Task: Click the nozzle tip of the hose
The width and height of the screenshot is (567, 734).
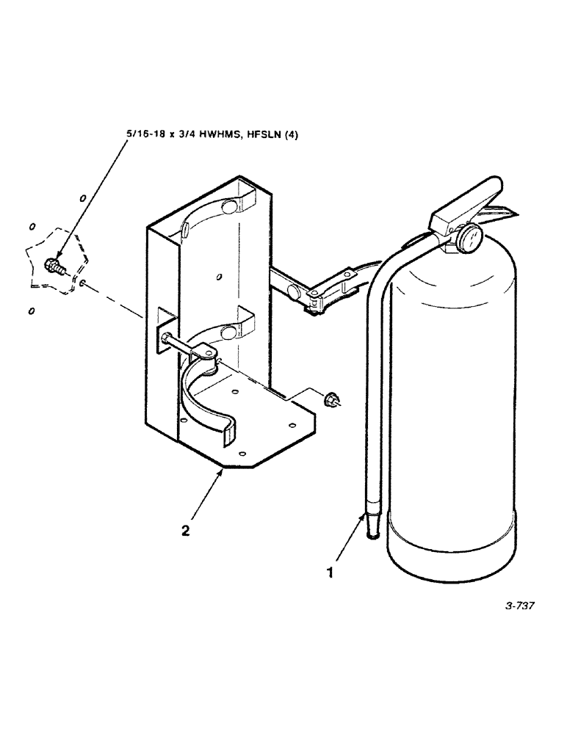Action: coord(374,526)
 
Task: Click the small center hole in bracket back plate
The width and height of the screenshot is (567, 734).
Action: coord(220,277)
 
